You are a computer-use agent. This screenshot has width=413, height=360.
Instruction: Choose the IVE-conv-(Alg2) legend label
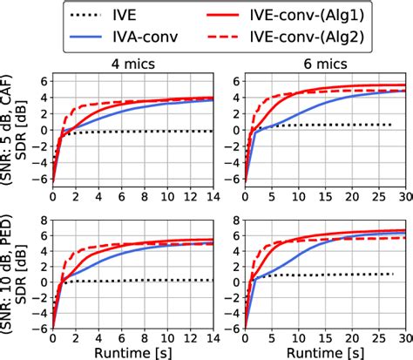[314, 38]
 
